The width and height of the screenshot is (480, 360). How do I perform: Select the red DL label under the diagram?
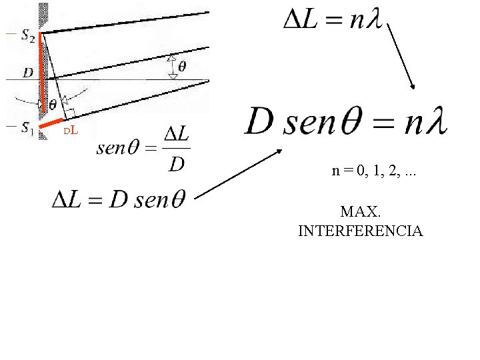coord(71,130)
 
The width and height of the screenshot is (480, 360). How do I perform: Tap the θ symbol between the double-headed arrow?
coord(182,67)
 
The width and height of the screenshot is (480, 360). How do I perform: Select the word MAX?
coord(360,213)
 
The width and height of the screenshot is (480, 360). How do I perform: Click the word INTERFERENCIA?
coord(360,231)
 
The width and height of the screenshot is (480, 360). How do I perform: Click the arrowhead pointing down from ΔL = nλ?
coord(413,86)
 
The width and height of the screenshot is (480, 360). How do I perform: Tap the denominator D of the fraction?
coord(176,162)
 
